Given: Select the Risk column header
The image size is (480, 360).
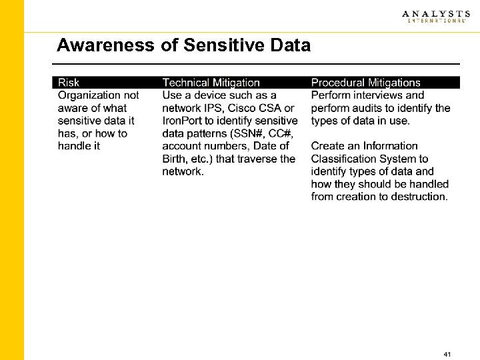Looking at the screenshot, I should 69,83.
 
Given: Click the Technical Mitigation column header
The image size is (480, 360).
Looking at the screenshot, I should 211,83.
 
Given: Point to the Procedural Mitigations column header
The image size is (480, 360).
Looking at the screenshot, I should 366,83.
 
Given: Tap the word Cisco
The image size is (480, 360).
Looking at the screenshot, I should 245,108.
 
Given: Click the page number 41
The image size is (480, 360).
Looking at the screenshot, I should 447,353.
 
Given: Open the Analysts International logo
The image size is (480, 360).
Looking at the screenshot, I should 435,17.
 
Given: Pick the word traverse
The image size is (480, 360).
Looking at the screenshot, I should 257,159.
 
